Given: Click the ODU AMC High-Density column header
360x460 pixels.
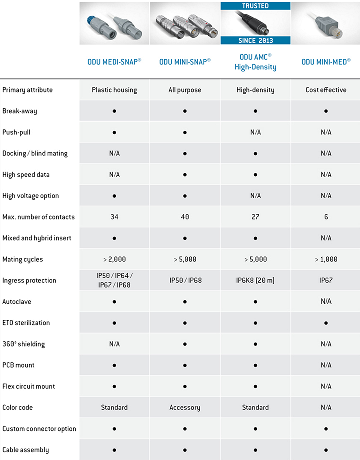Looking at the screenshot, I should (x=255, y=62).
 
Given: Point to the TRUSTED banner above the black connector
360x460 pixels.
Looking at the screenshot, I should (x=255, y=6).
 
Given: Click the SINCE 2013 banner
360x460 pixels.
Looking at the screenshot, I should (x=255, y=40).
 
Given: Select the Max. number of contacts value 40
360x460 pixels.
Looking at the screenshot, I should (x=185, y=217).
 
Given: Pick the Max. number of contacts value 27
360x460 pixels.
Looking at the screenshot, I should (x=255, y=217).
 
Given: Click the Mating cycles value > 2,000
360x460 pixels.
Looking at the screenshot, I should (x=114, y=259).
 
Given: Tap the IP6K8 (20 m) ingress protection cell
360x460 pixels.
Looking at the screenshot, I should (x=255, y=280).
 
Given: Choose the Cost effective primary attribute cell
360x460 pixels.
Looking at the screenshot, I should (x=326, y=90).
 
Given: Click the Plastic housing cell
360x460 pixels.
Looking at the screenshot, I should (x=114, y=90).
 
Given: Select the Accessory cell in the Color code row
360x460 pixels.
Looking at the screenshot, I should (x=185, y=407).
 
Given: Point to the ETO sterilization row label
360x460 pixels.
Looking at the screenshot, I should (x=26, y=323).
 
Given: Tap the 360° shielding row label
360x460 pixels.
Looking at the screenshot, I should (x=23, y=344).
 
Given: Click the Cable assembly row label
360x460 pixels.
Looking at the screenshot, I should (x=25, y=450).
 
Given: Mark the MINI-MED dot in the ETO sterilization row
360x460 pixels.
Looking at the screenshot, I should (x=326, y=323).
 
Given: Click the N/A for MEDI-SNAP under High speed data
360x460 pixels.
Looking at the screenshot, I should (x=114, y=175).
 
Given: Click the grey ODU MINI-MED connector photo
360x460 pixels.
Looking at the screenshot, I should (x=326, y=23).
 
